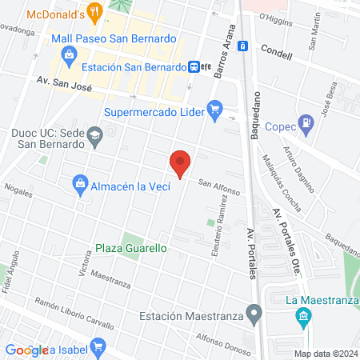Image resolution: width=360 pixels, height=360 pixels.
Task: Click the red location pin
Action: [x=181, y=162]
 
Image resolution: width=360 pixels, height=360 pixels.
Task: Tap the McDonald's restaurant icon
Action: [x=95, y=12]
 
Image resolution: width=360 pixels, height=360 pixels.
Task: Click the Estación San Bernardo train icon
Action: [x=194, y=68]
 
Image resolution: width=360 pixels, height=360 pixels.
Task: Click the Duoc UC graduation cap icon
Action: [x=95, y=134]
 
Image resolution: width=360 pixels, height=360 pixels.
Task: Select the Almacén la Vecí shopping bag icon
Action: [x=80, y=186]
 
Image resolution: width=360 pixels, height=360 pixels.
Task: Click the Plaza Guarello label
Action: [x=131, y=248]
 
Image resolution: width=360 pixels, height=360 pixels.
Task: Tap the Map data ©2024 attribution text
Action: [x=325, y=353]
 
